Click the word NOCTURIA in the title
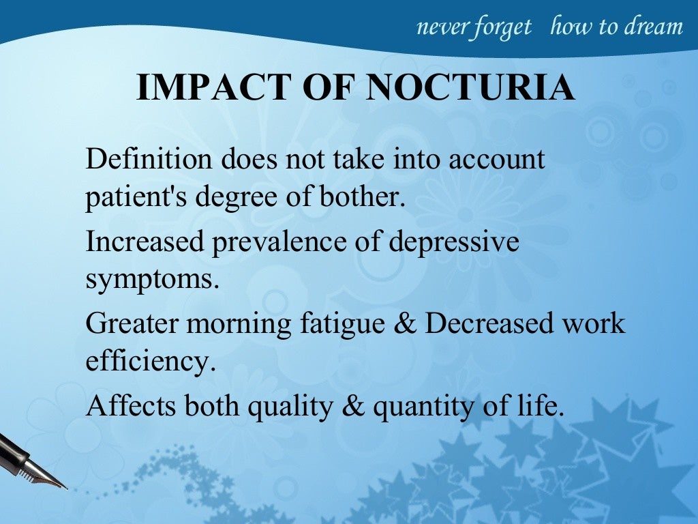click(x=471, y=88)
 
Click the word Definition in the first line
click(x=149, y=160)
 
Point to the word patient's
click(x=136, y=197)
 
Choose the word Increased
click(x=143, y=243)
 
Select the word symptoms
click(x=153, y=280)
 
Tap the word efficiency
click(x=150, y=361)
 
